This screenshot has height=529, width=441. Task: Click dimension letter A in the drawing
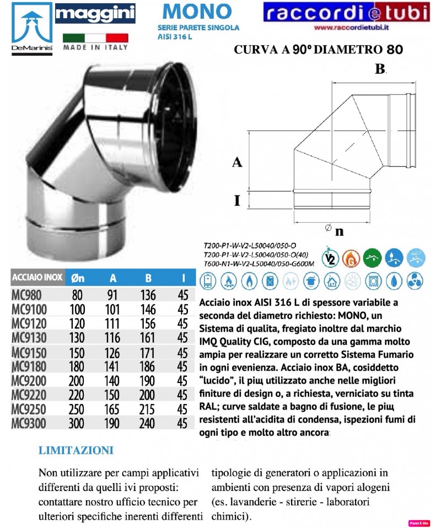236,162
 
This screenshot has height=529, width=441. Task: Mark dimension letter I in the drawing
236,200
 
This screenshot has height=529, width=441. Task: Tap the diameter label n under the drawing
339,231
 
